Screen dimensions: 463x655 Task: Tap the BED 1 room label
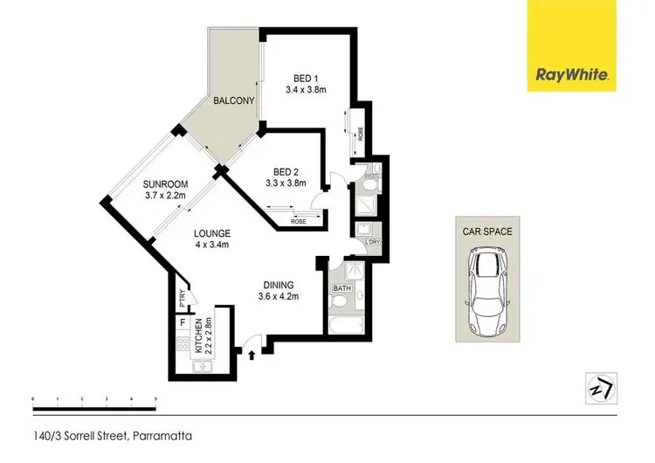pos(299,76)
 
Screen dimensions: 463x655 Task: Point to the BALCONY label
pos(233,101)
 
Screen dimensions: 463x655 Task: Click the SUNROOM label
pos(166,183)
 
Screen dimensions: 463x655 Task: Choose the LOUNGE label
pos(213,233)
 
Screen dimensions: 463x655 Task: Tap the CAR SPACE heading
pos(487,231)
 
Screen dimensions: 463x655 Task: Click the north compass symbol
pos(599,387)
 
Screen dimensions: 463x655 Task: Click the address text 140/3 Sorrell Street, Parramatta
pos(112,435)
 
